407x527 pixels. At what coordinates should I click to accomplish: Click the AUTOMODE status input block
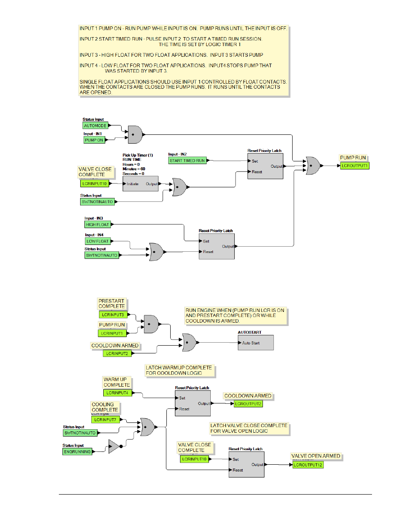click(95, 125)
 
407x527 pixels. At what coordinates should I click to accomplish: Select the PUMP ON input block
click(94, 140)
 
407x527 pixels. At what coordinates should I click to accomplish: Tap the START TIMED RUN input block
click(187, 160)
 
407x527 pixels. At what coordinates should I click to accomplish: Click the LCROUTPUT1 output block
click(355, 166)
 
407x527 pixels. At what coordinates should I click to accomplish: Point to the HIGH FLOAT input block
click(97, 224)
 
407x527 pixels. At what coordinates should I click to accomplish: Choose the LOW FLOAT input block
click(98, 241)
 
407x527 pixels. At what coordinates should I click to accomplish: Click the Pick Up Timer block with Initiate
click(141, 183)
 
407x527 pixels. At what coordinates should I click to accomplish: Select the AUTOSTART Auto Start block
click(256, 343)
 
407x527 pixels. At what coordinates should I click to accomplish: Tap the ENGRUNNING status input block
click(77, 451)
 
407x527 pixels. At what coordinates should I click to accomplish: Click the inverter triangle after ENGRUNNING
click(114, 446)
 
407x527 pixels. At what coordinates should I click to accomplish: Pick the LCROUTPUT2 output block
click(248, 404)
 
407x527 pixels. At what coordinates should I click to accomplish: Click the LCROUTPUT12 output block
click(308, 465)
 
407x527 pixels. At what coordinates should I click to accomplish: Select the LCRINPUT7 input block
click(105, 419)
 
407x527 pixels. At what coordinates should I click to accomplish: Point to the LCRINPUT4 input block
click(118, 393)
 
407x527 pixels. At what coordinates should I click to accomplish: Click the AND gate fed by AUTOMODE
click(135, 134)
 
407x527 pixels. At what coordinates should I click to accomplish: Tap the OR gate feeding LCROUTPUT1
click(313, 166)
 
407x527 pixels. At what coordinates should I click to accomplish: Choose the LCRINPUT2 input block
click(117, 353)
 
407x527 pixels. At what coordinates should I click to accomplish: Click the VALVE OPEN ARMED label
click(316, 456)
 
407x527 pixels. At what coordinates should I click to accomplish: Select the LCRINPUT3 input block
click(113, 314)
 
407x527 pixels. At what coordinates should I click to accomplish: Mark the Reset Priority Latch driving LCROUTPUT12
click(247, 464)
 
